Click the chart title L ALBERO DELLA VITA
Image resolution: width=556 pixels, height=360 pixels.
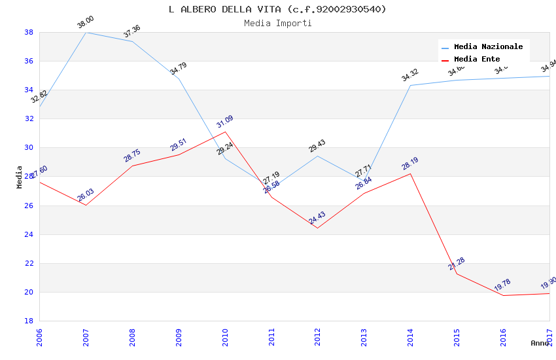[x=277, y=9]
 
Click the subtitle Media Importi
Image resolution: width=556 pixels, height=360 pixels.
[x=277, y=23]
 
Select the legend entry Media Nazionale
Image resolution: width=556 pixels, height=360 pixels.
[x=488, y=46]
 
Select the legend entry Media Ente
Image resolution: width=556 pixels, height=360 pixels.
[x=477, y=59]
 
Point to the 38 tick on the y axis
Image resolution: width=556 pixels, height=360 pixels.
[x=29, y=32]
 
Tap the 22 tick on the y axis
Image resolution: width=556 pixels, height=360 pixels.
[x=29, y=263]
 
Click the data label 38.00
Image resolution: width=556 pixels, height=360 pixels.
[x=86, y=22]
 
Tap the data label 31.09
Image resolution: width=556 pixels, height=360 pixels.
[x=225, y=122]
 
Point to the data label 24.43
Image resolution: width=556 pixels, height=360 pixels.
[x=317, y=218]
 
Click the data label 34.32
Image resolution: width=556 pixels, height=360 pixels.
[x=410, y=75]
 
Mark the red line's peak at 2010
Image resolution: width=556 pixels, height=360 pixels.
[x=225, y=132]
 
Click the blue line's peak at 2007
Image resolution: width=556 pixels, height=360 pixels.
[x=86, y=32]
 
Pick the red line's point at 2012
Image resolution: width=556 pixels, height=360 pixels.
[x=317, y=228]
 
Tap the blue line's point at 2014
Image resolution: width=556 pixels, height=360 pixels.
[x=410, y=85]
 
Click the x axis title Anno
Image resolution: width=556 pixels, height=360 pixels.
[x=540, y=343]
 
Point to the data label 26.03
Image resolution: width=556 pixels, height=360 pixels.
[x=86, y=195]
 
